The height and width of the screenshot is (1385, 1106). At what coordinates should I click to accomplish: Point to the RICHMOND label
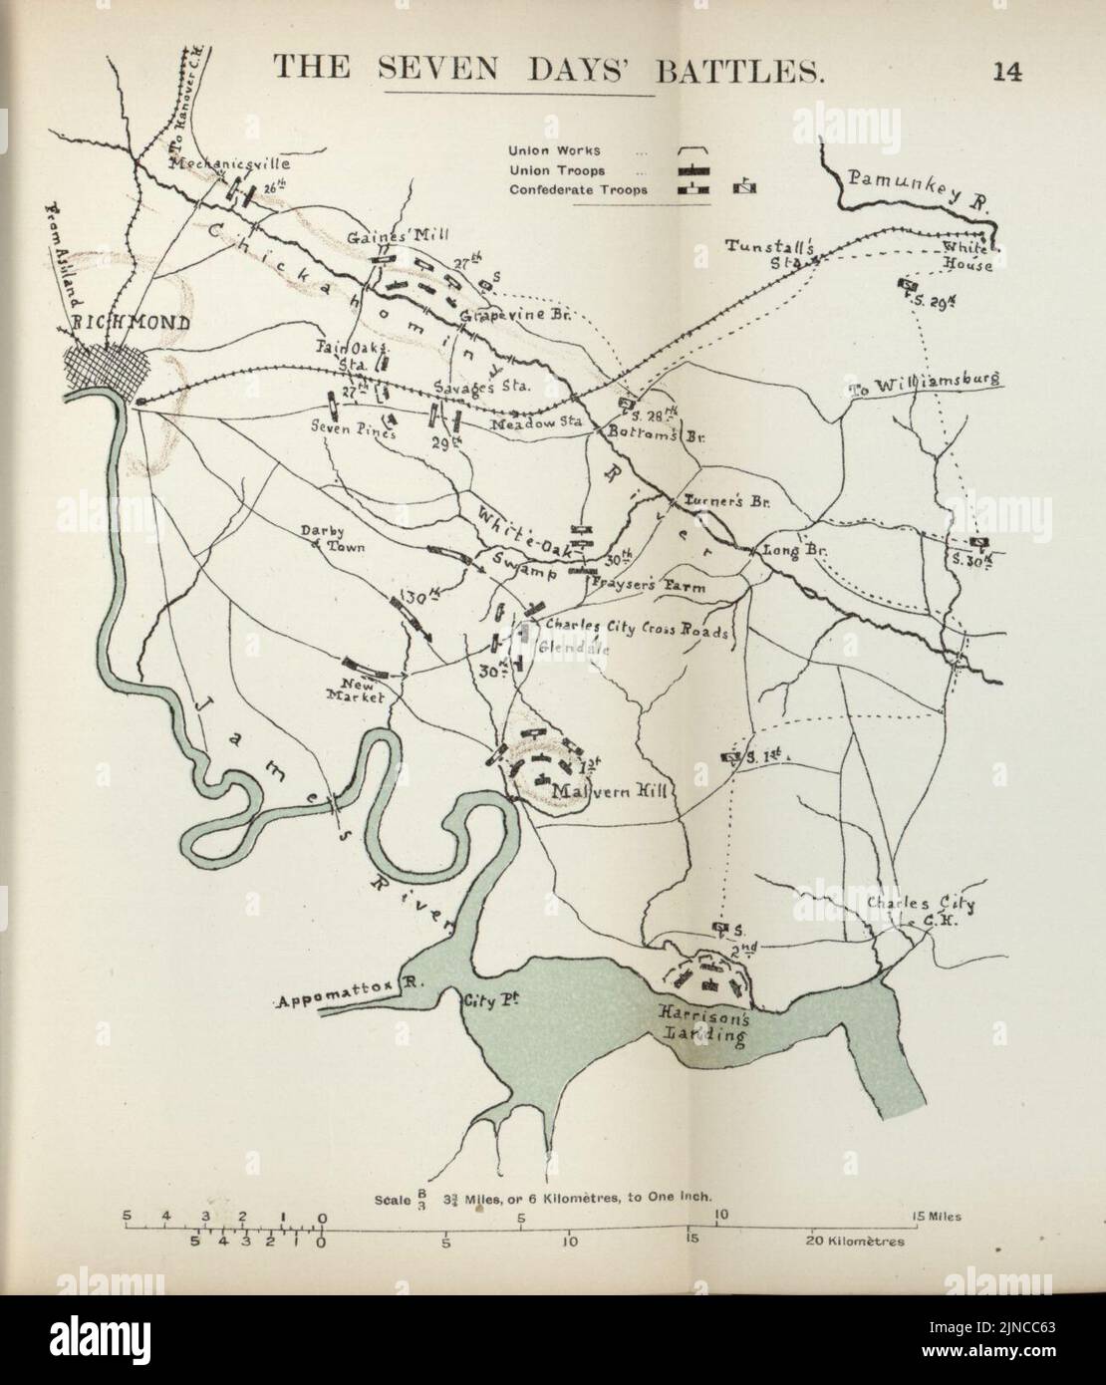[x=117, y=323]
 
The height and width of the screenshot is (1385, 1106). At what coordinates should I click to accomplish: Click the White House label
[x=966, y=257]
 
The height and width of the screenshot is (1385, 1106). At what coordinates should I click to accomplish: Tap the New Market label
[x=356, y=691]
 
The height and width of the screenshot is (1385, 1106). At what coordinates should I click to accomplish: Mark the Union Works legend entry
[x=555, y=150]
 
